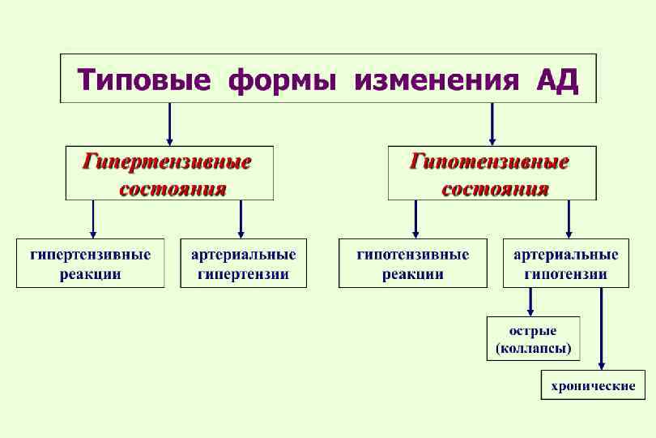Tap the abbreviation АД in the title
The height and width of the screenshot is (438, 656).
pyautogui.click(x=558, y=80)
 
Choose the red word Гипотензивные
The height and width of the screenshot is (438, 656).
pyautogui.click(x=490, y=161)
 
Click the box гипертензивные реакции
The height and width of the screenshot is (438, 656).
pyautogui.click(x=90, y=264)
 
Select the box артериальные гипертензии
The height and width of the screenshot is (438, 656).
pyautogui.click(x=243, y=264)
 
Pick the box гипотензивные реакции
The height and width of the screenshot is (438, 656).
pyautogui.click(x=413, y=264)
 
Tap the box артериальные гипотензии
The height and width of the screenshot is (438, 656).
pyautogui.click(x=565, y=264)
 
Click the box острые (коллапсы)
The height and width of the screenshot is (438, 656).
pyautogui.click(x=533, y=340)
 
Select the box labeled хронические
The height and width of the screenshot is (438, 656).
pyautogui.click(x=592, y=386)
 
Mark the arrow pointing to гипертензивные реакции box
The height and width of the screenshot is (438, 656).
pyautogui.click(x=94, y=219)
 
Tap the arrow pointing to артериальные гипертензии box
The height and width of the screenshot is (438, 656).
pyautogui.click(x=241, y=219)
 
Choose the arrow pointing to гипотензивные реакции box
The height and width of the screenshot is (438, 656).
pyautogui.click(x=415, y=219)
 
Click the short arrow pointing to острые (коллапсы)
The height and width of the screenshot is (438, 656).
pyautogui.click(x=530, y=302)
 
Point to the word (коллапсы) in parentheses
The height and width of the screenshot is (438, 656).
pyautogui.click(x=533, y=350)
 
